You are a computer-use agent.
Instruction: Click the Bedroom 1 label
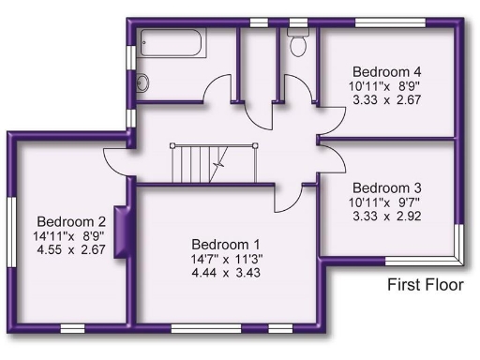click(221, 243)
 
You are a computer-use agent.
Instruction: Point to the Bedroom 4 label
click(386, 71)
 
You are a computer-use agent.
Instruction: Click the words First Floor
click(425, 283)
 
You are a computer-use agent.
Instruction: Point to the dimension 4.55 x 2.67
click(66, 250)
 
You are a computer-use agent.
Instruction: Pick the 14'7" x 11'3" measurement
click(221, 258)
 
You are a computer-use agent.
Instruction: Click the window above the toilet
click(299, 20)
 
